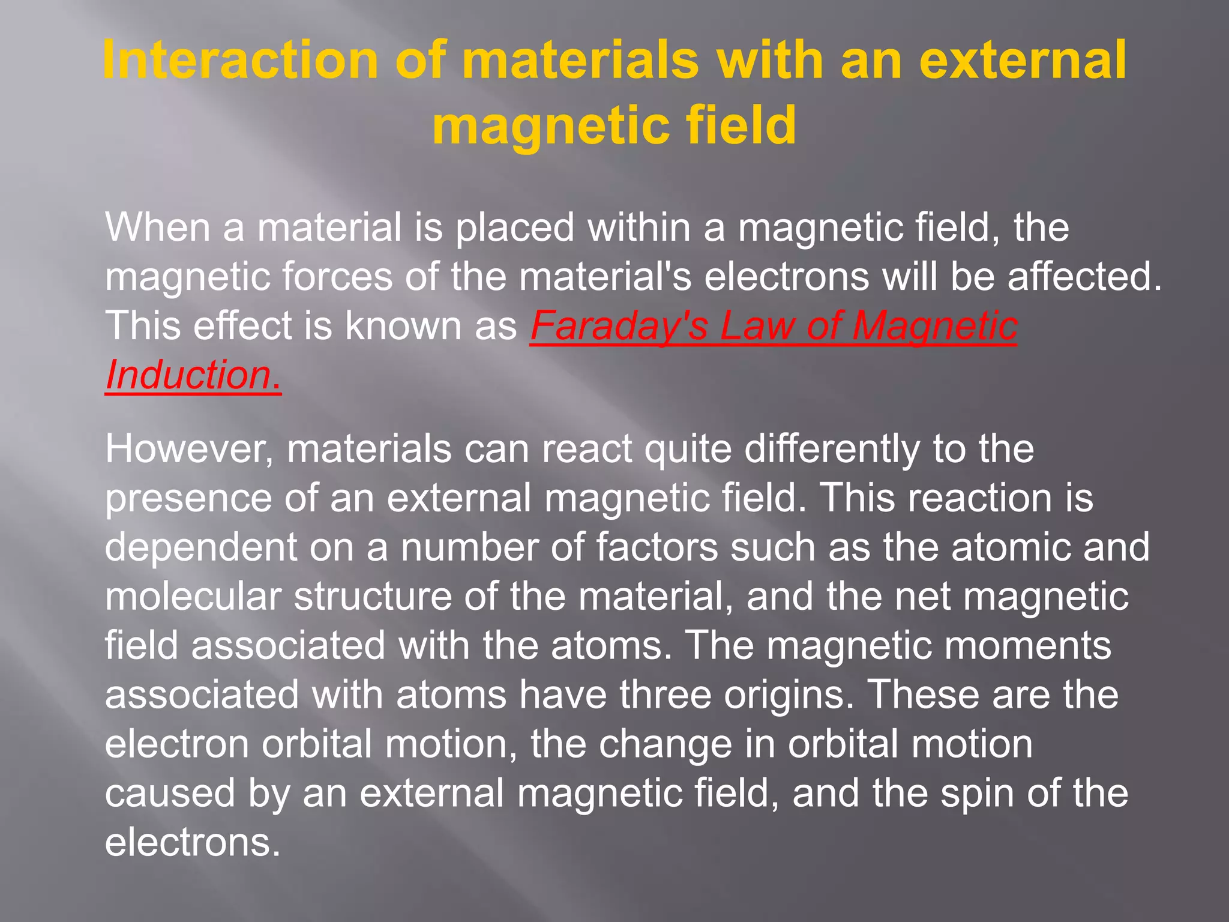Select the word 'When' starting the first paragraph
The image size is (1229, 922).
[158, 227]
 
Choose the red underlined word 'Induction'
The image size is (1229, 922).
[188, 375]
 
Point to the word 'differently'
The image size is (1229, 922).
[831, 450]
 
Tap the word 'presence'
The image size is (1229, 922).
[188, 499]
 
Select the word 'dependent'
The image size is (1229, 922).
[200, 547]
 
